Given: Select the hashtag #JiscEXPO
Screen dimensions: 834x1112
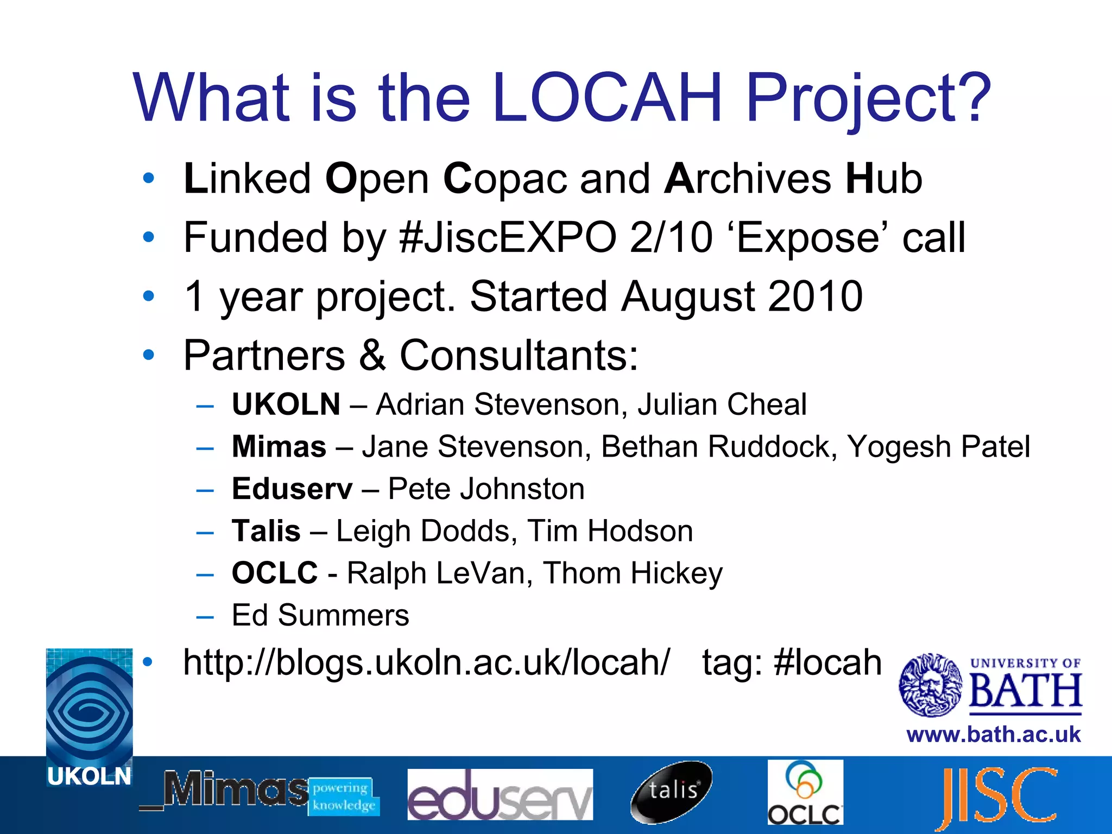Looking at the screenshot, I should [x=508, y=238].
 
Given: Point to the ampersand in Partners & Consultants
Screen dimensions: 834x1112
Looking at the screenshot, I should [x=372, y=356].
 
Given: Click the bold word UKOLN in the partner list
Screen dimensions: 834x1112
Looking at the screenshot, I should [x=286, y=405].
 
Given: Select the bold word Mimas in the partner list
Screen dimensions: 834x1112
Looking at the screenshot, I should [x=279, y=447].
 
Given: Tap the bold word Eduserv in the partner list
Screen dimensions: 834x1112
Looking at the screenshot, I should [x=292, y=489].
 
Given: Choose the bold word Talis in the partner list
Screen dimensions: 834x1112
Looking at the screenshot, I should [x=266, y=531].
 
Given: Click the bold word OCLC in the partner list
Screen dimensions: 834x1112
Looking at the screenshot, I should [x=275, y=573].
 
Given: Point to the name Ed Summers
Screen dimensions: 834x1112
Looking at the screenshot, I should [x=320, y=615].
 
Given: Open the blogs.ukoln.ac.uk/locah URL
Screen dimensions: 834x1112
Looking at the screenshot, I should [x=427, y=662].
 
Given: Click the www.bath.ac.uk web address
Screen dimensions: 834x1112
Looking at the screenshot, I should [x=994, y=735].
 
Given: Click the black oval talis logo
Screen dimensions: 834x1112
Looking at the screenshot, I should [x=672, y=792].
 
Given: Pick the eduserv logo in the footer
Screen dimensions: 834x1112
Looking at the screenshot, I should [x=500, y=795].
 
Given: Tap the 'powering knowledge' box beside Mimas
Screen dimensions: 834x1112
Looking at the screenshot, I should [x=344, y=797].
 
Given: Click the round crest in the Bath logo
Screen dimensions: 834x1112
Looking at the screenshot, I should [x=931, y=685].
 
